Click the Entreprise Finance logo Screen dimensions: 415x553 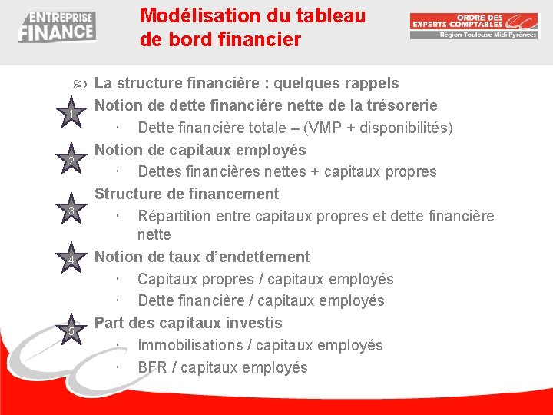click(x=57, y=27)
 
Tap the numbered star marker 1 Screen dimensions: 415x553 click(x=71, y=115)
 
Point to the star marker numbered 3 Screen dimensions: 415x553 click(x=71, y=211)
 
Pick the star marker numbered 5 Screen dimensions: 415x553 click(x=71, y=331)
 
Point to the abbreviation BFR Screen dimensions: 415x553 click(x=152, y=367)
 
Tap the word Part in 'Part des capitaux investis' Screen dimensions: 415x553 click(x=110, y=323)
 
